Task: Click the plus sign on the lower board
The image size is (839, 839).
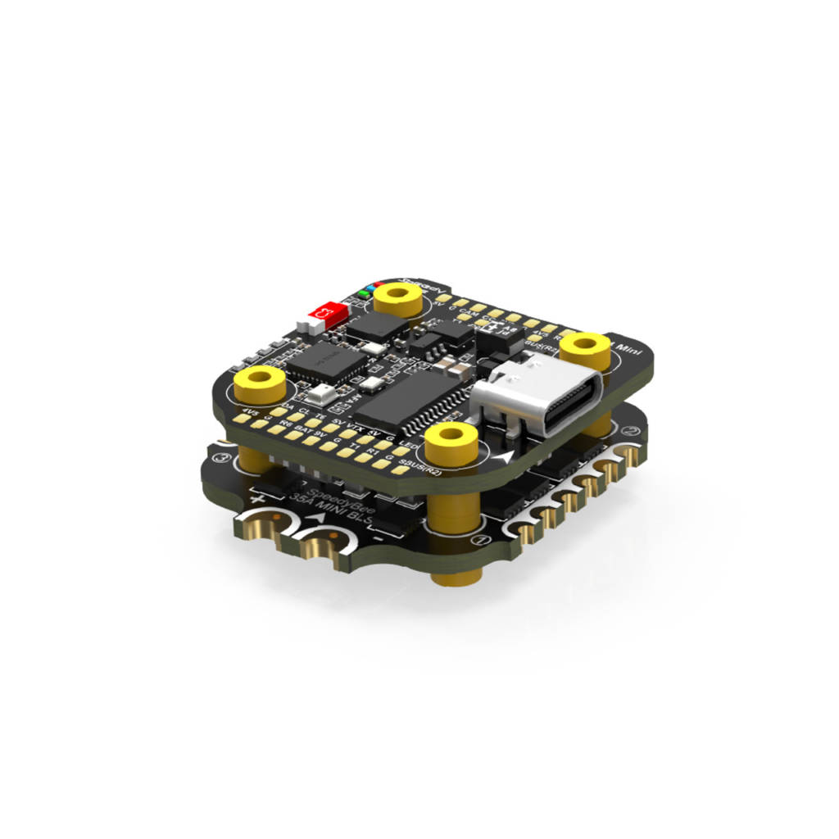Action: pos(259,497)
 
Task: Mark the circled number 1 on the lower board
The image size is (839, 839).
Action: pos(482,541)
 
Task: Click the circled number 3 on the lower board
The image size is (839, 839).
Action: pos(219,459)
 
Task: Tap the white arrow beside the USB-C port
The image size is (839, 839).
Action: pos(510,455)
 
